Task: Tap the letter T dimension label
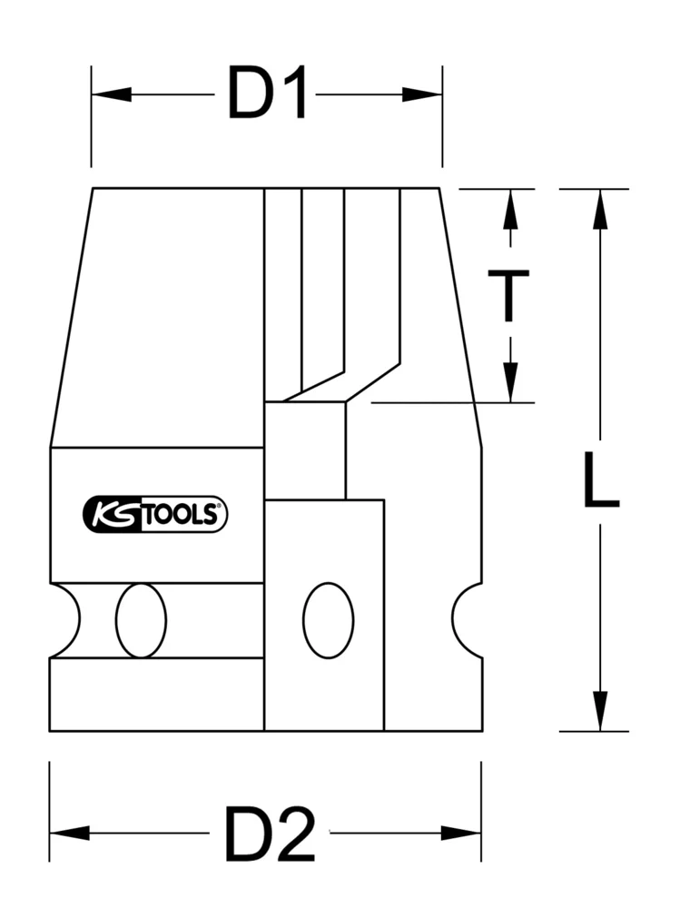click(x=510, y=295)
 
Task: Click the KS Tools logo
click(x=155, y=514)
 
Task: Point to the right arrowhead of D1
click(x=423, y=94)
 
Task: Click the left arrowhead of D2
click(x=69, y=833)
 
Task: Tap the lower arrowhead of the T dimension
click(x=510, y=382)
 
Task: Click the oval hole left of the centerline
click(x=141, y=621)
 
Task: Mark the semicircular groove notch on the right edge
click(x=468, y=621)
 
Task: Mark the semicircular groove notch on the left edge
click(x=64, y=621)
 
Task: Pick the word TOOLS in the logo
click(x=182, y=515)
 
